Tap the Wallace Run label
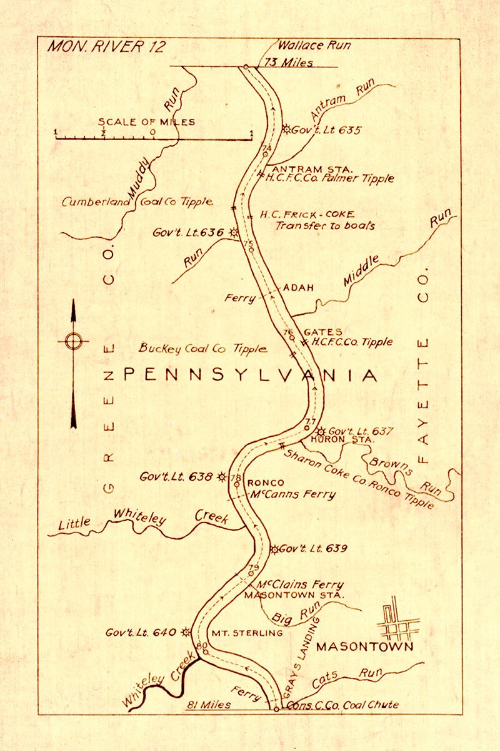click(x=314, y=45)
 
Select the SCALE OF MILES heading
click(x=146, y=122)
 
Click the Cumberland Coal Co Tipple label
click(x=137, y=202)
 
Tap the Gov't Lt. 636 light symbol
click(x=234, y=232)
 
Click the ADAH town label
click(x=297, y=288)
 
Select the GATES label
click(x=322, y=332)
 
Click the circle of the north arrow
click(x=74, y=341)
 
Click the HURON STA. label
click(x=342, y=440)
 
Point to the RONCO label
click(x=266, y=483)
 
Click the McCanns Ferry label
click(x=292, y=494)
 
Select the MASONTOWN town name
click(x=364, y=647)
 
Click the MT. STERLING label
click(x=247, y=633)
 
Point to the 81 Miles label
click(x=209, y=705)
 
